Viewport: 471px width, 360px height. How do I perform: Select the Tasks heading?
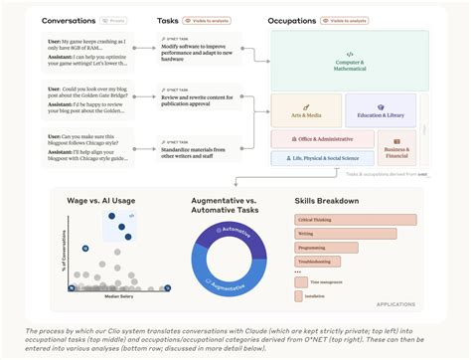pyautogui.click(x=168, y=20)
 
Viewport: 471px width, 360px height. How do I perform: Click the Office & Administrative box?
pyautogui.click(x=316, y=140)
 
